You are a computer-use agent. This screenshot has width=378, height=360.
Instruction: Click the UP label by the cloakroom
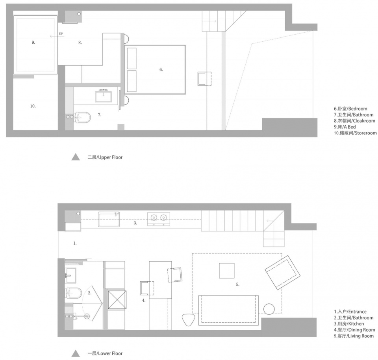click(x=61, y=34)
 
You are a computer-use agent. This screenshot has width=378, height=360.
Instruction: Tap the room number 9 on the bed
click(x=33, y=42)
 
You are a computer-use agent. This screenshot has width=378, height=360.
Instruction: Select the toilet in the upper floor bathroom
click(x=82, y=117)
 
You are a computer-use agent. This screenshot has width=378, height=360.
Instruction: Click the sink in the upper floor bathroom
click(x=104, y=96)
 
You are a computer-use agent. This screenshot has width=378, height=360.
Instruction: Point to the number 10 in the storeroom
click(x=33, y=106)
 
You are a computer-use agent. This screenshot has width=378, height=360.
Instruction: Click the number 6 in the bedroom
click(x=161, y=70)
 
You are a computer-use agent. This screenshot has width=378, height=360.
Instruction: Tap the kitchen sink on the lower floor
click(x=109, y=219)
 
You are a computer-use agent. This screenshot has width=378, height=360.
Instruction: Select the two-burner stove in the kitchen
click(x=159, y=219)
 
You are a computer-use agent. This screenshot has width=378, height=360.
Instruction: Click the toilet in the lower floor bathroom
click(x=74, y=293)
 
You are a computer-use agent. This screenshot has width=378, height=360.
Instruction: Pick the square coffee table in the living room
click(x=227, y=270)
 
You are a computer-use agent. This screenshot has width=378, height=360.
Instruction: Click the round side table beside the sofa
click(x=269, y=309)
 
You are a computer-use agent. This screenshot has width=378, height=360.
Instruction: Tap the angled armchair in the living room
click(x=283, y=273)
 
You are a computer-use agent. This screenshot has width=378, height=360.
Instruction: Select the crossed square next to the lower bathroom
click(x=117, y=299)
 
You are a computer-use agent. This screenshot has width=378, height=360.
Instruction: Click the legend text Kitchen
click(x=356, y=324)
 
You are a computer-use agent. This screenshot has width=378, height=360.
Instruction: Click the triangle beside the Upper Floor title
click(x=76, y=157)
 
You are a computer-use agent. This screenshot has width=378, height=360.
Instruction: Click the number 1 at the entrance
click(x=75, y=244)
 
